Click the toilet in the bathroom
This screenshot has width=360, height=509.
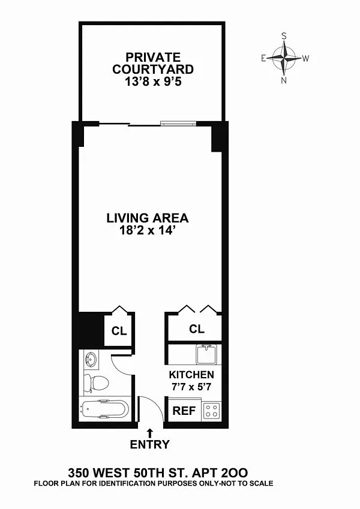95,382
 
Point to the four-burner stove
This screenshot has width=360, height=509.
211,411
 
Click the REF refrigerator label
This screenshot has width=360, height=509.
184,411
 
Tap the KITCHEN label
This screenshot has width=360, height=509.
191,375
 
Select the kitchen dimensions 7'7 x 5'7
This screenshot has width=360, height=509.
191,387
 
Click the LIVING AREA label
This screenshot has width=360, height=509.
148,218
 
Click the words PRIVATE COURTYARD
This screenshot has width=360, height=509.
153,64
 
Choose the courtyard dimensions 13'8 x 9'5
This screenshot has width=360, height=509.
153,82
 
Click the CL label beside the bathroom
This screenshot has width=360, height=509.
119,331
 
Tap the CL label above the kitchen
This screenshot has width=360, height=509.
197,329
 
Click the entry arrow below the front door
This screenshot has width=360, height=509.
150,433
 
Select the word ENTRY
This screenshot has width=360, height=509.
150,444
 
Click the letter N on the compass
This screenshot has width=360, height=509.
284,80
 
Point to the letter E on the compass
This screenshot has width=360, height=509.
263,58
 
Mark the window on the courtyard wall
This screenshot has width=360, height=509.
178,123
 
